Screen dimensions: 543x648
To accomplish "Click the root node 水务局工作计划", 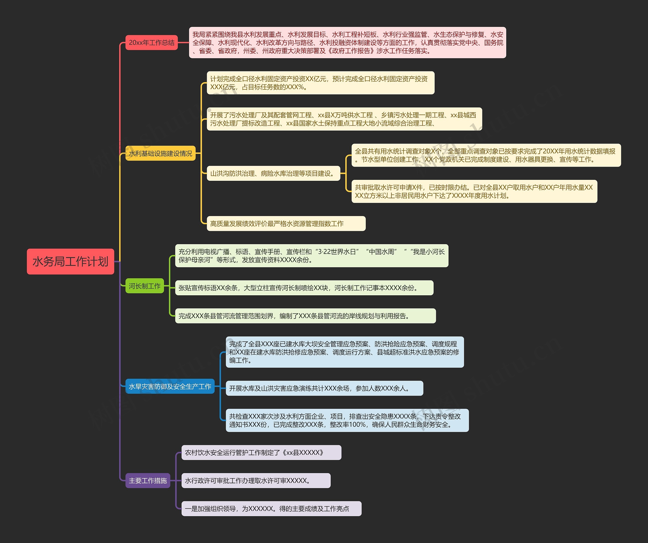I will (x=70, y=261).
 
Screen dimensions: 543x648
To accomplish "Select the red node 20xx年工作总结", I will (x=152, y=43).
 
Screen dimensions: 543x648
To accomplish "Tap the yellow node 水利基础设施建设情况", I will (x=160, y=153).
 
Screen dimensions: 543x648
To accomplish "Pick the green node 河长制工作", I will (x=145, y=286).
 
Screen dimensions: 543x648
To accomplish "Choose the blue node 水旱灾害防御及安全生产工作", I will (x=170, y=386).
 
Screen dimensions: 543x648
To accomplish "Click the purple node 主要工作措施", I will (x=148, y=480).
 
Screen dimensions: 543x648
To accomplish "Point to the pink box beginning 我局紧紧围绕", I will (x=348, y=43).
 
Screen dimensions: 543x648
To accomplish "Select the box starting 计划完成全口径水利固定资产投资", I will (x=320, y=83).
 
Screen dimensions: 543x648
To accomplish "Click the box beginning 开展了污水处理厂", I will (x=344, y=119).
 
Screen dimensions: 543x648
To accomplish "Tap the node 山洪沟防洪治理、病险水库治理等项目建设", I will (x=273, y=173).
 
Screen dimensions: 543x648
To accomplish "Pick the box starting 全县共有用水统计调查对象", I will (x=486, y=155).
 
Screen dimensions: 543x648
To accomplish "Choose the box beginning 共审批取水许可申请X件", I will (x=474, y=191).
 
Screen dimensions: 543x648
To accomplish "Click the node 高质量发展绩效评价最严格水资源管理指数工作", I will (x=286, y=223).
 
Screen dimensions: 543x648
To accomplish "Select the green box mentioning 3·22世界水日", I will (x=312, y=256).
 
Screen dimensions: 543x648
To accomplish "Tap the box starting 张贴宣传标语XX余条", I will (x=304, y=288).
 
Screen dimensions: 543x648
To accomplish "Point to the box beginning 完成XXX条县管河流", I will (x=306, y=316).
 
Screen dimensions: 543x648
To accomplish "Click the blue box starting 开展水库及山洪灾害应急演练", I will (x=324, y=388).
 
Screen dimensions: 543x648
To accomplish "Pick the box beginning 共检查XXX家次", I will (x=347, y=420).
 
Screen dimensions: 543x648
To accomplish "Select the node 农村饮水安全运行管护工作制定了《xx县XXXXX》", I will (x=261, y=453).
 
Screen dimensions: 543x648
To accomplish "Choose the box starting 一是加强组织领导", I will (x=271, y=508).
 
